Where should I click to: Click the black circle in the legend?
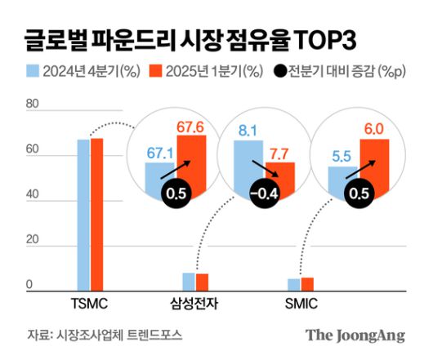tap(279, 71)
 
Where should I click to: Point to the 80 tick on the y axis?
tap(33, 104)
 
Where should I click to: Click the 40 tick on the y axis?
tap(33, 195)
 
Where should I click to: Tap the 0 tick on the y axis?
tap(29, 286)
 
